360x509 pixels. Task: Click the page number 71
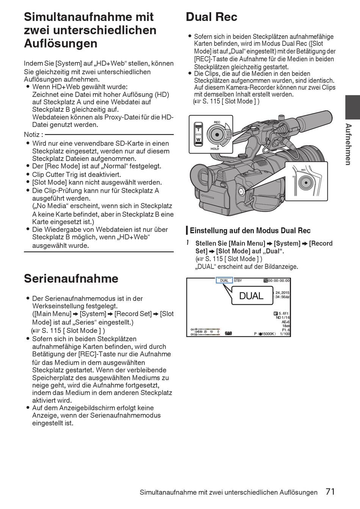(330, 492)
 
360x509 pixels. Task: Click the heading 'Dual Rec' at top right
(211, 17)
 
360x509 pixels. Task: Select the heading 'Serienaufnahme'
(71, 279)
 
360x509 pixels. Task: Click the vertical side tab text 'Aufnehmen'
(348, 144)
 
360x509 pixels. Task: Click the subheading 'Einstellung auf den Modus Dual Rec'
(250, 231)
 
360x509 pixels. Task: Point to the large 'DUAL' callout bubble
(251, 296)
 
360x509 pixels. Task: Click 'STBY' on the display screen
(238, 281)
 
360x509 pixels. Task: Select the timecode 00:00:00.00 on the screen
(279, 281)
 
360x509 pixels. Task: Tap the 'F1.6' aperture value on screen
(286, 330)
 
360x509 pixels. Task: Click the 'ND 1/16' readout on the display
(283, 318)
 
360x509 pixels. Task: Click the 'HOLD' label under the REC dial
(215, 149)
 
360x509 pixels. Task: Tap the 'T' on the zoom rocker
(198, 130)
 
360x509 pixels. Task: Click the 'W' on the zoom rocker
(198, 140)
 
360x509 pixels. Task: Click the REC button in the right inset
(305, 182)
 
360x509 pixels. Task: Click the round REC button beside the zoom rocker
(217, 134)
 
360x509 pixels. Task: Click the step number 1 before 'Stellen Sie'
(188, 243)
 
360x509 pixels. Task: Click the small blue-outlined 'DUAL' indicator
(224, 281)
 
